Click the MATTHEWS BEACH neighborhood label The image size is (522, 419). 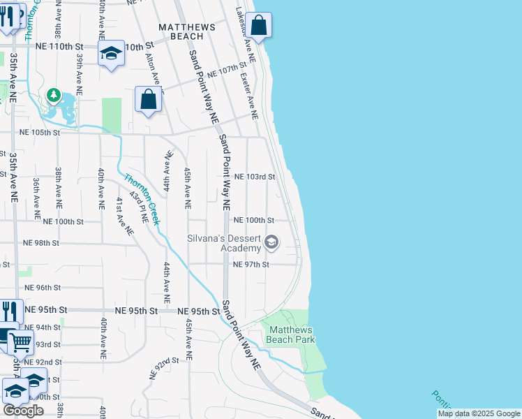click(x=181, y=31)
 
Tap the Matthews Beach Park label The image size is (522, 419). click(x=292, y=335)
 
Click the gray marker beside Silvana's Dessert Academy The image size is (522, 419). click(x=271, y=243)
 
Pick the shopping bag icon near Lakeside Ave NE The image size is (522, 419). click(x=258, y=26)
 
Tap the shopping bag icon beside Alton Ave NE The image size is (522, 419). click(x=149, y=99)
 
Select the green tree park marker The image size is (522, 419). click(x=53, y=94)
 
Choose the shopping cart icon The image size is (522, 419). click(x=21, y=342)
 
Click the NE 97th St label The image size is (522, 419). click(x=251, y=265)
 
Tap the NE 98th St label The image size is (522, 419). click(x=41, y=243)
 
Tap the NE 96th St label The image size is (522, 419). click(x=43, y=288)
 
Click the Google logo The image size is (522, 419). click(x=23, y=411)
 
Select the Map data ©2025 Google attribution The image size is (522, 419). click(x=478, y=413)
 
